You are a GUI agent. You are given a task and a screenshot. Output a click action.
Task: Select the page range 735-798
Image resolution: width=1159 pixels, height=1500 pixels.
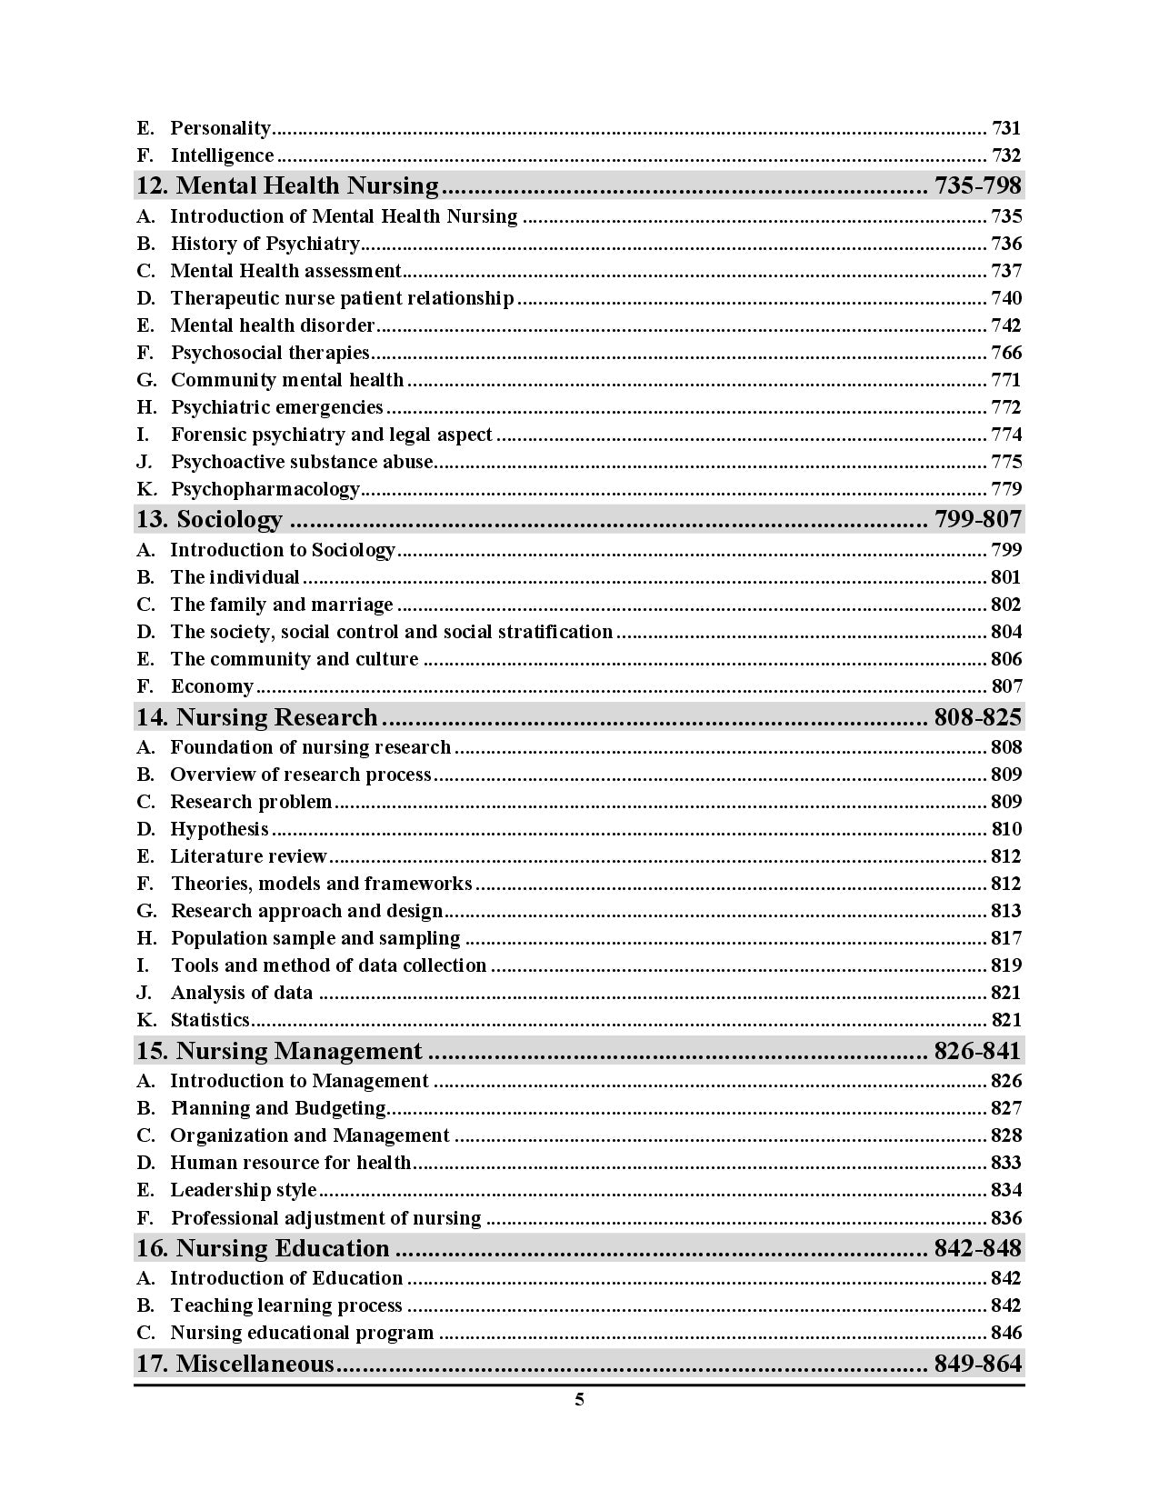click(x=977, y=186)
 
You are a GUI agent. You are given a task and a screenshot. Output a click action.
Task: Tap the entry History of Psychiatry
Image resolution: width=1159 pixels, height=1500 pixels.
click(x=265, y=244)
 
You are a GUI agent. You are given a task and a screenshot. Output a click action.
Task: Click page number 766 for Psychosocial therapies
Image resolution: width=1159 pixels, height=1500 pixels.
click(x=1006, y=353)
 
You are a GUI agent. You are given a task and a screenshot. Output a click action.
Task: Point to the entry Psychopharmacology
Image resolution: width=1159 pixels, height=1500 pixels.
click(x=265, y=489)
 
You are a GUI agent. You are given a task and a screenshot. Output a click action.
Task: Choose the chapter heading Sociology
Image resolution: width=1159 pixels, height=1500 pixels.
click(x=229, y=520)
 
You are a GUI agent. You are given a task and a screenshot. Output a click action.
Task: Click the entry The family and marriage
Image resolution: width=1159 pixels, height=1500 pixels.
click(x=282, y=605)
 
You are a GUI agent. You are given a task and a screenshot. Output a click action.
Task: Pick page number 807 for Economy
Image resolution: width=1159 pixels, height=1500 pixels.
click(x=1006, y=686)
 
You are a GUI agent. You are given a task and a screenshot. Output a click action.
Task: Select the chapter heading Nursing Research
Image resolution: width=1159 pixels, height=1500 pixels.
click(x=276, y=717)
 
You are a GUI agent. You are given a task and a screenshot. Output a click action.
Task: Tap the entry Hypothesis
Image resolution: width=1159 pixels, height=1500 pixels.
click(x=219, y=829)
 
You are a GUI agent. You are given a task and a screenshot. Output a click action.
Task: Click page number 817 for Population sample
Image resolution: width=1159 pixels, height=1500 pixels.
click(x=1006, y=938)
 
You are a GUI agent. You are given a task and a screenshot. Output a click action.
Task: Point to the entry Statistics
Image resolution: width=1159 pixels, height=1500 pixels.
click(x=210, y=1020)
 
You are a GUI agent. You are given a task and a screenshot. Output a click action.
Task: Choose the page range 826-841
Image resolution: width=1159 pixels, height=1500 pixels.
click(x=977, y=1051)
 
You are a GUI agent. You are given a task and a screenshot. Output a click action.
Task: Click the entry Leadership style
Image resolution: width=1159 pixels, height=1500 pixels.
click(x=244, y=1190)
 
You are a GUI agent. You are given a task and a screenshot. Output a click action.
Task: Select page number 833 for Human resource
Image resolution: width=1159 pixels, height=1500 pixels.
click(x=1006, y=1163)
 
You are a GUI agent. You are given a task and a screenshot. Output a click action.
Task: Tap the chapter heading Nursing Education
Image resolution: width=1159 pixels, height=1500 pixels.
click(x=282, y=1248)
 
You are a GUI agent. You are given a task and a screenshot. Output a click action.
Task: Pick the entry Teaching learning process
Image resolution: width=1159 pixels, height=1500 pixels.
click(x=286, y=1305)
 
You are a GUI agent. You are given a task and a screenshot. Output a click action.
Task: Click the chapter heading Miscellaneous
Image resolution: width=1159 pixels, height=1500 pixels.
click(x=255, y=1364)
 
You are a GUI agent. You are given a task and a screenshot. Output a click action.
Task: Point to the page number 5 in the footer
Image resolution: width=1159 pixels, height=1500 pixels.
click(x=579, y=1400)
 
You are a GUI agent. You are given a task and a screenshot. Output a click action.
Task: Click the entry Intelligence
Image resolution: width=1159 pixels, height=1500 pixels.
click(x=222, y=155)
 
